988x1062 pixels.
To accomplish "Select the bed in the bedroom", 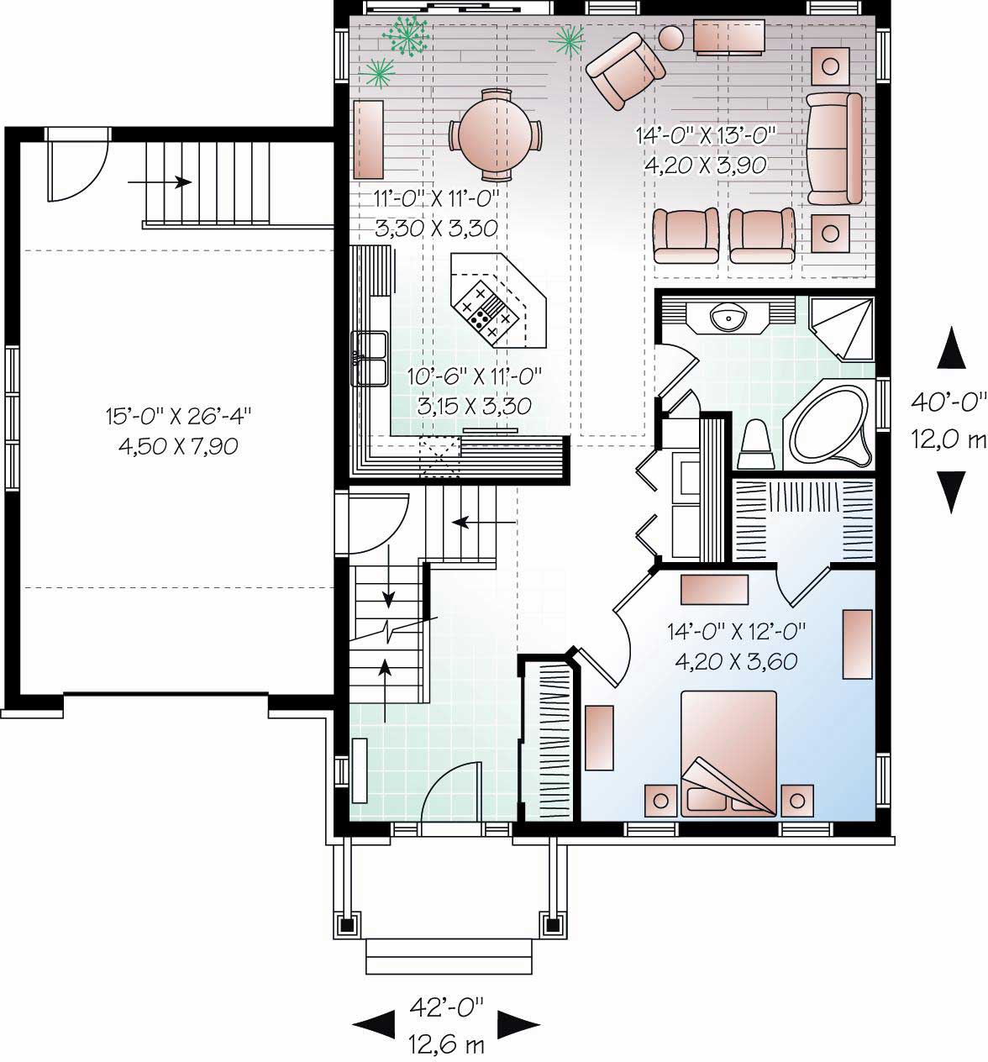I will click(x=728, y=752).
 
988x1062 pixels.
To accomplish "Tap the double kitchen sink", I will click(x=369, y=358).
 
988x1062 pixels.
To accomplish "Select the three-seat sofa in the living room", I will click(x=834, y=149).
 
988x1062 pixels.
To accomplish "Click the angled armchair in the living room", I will click(x=622, y=71).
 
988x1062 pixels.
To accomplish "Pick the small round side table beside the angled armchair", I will click(x=671, y=38).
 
